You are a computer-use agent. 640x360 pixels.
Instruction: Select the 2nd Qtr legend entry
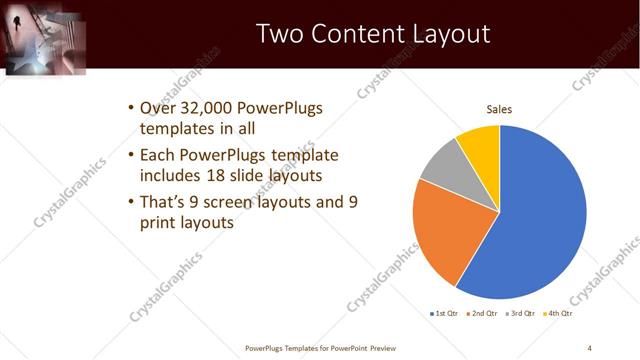click(485, 313)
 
